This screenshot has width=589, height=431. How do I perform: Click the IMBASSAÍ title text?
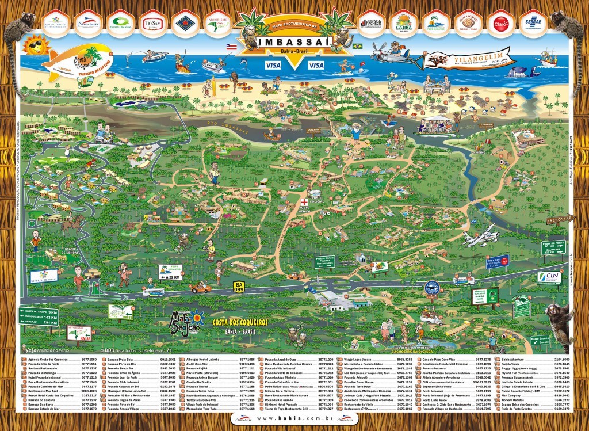click(293, 42)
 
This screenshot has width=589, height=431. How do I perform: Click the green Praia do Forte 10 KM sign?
click(554, 246)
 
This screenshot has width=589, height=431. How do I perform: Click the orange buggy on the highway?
click(201, 287)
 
